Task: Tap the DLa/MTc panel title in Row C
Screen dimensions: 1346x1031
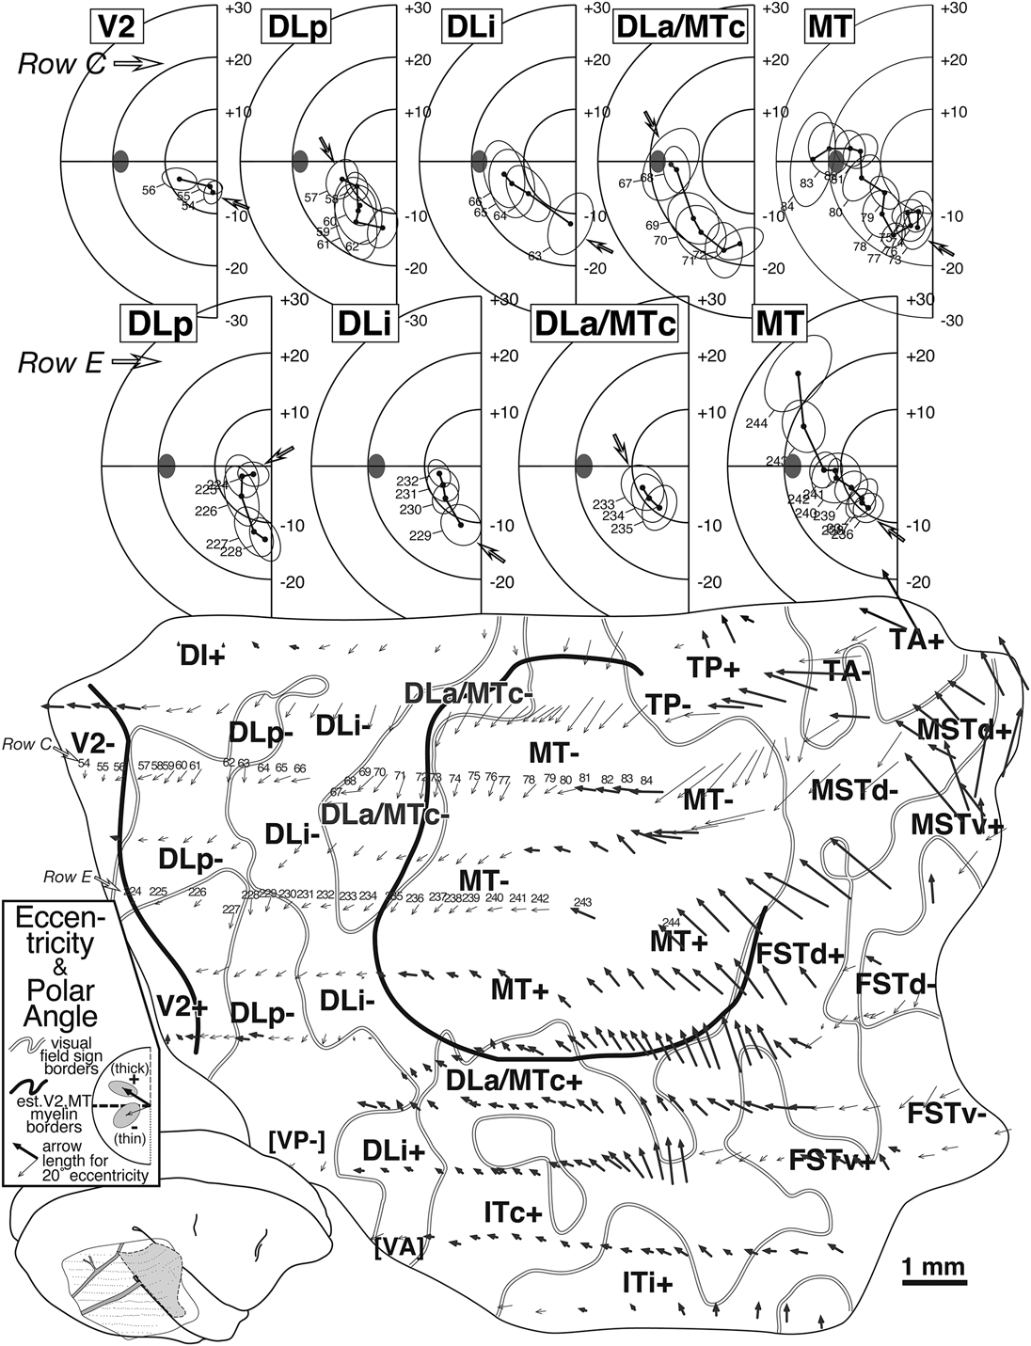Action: [678, 27]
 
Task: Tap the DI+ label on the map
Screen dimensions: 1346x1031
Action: [203, 656]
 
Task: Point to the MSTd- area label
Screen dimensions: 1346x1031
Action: [854, 790]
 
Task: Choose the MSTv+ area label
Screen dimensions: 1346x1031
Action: [956, 824]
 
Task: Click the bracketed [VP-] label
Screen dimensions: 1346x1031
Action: [296, 1141]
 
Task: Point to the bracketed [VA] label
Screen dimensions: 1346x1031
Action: [399, 1248]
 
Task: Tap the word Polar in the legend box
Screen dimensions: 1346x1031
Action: [68, 989]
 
